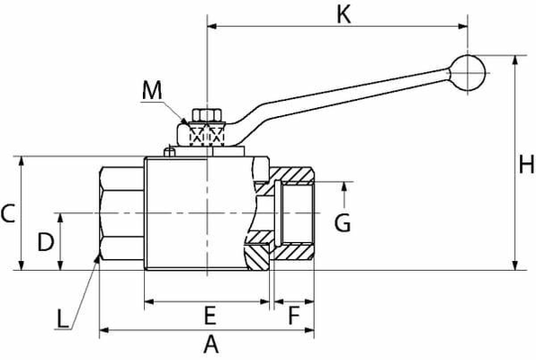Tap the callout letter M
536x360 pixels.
click(x=153, y=89)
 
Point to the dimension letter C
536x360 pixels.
click(x=7, y=213)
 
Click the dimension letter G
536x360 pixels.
click(x=342, y=222)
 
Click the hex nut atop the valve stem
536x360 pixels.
click(x=204, y=115)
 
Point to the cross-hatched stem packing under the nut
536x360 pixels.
click(x=206, y=136)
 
